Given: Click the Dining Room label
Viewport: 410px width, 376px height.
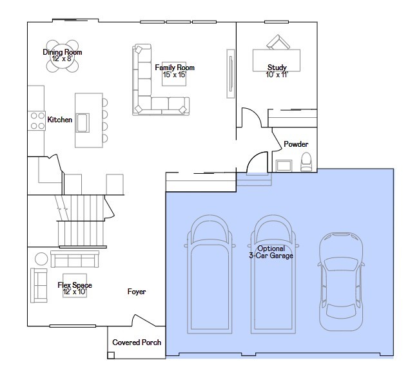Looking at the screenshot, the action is (x=63, y=52).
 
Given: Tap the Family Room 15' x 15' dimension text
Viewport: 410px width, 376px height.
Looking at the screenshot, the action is (x=175, y=75).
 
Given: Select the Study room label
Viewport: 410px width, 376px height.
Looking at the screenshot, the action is (x=277, y=68).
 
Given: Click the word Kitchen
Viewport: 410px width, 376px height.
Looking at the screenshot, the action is (x=59, y=120).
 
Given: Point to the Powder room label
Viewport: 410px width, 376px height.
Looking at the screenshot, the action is (x=296, y=144).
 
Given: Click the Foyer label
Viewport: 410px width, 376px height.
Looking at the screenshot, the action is (x=137, y=292).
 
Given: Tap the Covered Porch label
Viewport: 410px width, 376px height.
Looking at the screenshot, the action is (x=137, y=343).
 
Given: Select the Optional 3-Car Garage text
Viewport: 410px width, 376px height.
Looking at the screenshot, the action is (x=271, y=252).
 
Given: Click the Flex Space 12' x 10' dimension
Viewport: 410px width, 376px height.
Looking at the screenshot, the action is (x=75, y=292).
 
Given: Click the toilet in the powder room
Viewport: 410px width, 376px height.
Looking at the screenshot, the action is (x=306, y=162).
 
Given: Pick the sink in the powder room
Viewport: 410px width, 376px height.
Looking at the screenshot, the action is (x=284, y=165).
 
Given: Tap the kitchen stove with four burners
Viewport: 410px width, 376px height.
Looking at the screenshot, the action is (x=37, y=120).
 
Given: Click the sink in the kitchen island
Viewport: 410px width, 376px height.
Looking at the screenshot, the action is (x=83, y=123).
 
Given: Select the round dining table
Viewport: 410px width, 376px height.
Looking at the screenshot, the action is (x=63, y=56).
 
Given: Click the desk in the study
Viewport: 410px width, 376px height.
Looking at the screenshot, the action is (x=277, y=61).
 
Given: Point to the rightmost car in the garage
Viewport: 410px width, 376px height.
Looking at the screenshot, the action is (x=341, y=281).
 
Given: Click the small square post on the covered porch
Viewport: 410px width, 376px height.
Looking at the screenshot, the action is (x=111, y=355).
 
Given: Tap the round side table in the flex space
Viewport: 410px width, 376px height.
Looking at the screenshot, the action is (x=41, y=259).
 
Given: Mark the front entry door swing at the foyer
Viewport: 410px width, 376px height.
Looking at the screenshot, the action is (x=144, y=320).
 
